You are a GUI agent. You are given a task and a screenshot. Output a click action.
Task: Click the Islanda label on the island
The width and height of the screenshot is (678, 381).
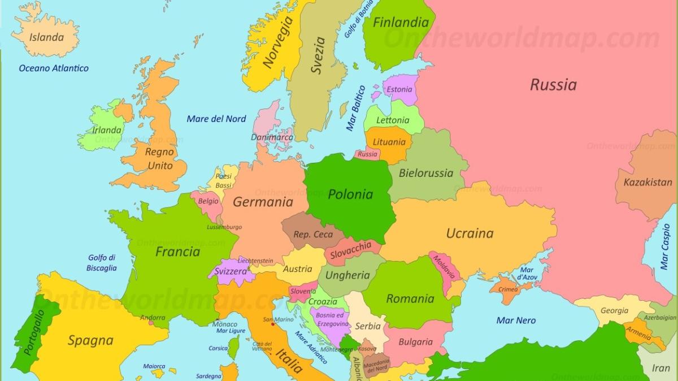click(x=46, y=38)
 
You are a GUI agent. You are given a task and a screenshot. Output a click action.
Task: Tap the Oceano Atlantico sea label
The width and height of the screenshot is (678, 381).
click(x=54, y=68)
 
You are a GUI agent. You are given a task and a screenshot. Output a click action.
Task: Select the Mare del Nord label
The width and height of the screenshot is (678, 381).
click(x=216, y=119)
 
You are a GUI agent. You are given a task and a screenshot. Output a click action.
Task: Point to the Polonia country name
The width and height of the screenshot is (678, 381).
click(x=350, y=194)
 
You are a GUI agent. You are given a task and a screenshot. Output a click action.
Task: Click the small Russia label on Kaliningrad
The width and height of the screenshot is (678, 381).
click(x=367, y=154)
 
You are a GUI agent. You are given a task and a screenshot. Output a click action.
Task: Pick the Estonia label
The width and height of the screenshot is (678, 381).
click(x=399, y=89)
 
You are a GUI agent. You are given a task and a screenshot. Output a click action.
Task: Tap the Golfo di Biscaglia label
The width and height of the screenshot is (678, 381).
click(x=102, y=263)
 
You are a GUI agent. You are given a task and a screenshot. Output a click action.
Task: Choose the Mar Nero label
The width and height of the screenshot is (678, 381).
click(x=516, y=321)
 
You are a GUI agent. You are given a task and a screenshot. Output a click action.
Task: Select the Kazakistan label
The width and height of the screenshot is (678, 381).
click(x=647, y=182)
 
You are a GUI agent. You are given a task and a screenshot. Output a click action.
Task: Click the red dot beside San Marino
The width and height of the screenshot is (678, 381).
click(x=273, y=324)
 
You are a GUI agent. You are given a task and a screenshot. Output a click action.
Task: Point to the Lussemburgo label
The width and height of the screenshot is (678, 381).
click(x=224, y=227)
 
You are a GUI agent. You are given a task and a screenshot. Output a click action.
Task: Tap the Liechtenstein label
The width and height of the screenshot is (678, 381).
click(x=255, y=261)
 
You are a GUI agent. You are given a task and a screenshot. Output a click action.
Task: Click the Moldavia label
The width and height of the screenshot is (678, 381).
click(x=444, y=267)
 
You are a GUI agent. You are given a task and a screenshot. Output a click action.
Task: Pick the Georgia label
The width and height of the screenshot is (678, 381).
click(x=614, y=310)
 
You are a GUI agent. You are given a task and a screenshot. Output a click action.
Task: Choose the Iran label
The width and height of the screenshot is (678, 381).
click(x=660, y=368)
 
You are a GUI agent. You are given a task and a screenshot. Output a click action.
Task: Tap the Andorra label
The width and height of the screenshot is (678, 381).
click(x=153, y=318)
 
